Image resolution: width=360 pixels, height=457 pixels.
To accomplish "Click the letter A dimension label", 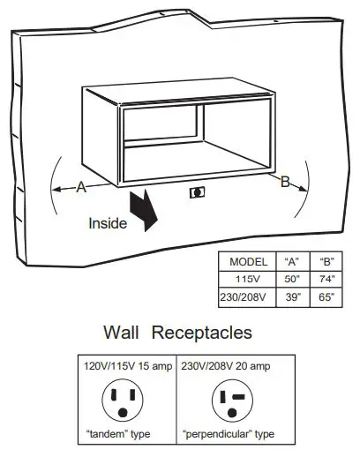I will click(81, 186).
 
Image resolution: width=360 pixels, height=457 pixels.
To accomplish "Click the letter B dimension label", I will click(285, 182).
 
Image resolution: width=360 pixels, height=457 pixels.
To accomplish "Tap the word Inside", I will click(108, 223).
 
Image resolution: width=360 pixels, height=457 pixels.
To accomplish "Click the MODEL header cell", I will click(248, 262).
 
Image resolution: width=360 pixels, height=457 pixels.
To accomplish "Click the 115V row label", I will click(248, 279).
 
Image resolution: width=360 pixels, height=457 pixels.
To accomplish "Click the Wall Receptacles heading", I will click(177, 333).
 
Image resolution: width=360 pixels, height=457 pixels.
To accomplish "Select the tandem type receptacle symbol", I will click(124, 401).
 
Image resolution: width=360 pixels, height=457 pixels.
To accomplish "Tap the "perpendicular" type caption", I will click(229, 435).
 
